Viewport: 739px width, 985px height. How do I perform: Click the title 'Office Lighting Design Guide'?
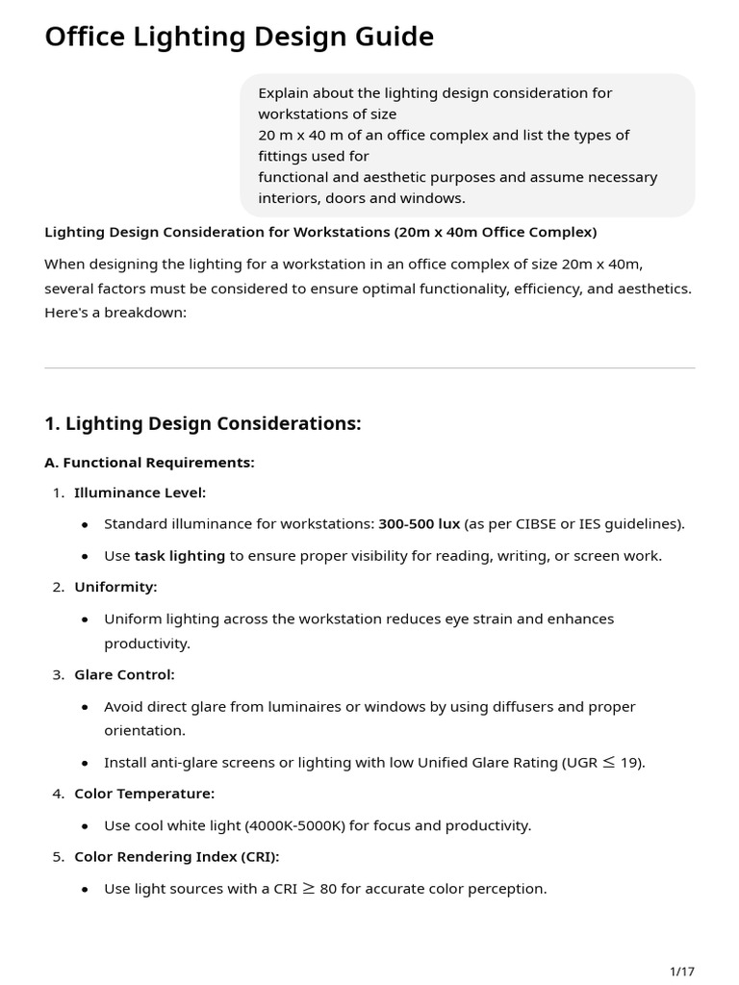[x=239, y=37]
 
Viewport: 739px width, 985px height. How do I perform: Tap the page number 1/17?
[x=681, y=971]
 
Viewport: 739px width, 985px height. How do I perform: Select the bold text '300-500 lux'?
[x=419, y=524]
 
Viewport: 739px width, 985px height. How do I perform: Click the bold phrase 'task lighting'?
[x=179, y=556]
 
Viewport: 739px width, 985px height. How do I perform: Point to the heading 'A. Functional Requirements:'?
[x=149, y=463]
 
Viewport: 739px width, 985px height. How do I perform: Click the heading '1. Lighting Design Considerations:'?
[x=203, y=424]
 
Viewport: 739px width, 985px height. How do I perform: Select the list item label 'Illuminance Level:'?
[x=140, y=493]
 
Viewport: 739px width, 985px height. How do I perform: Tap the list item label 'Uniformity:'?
[x=115, y=587]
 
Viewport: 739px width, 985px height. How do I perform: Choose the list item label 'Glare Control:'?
[x=124, y=675]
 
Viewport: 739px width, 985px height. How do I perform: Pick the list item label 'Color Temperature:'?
[x=144, y=794]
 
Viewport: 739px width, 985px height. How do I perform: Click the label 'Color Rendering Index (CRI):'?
[x=176, y=856]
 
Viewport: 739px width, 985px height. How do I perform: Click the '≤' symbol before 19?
[x=607, y=763]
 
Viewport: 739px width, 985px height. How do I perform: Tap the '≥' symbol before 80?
[x=308, y=889]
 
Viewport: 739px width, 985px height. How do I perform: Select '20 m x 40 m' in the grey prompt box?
[x=299, y=136]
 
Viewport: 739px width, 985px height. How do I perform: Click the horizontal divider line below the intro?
[x=369, y=367]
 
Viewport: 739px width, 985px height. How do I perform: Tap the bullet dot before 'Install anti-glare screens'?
[x=85, y=764]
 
